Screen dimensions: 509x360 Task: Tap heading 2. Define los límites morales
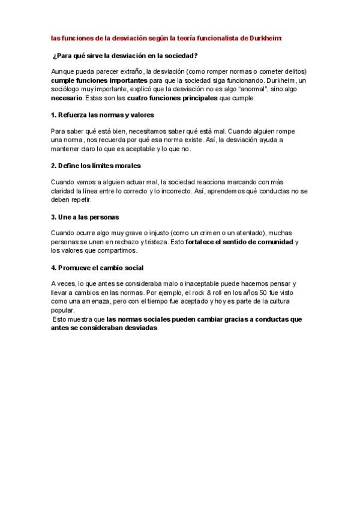96,165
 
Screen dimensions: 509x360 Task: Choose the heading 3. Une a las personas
80,216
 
